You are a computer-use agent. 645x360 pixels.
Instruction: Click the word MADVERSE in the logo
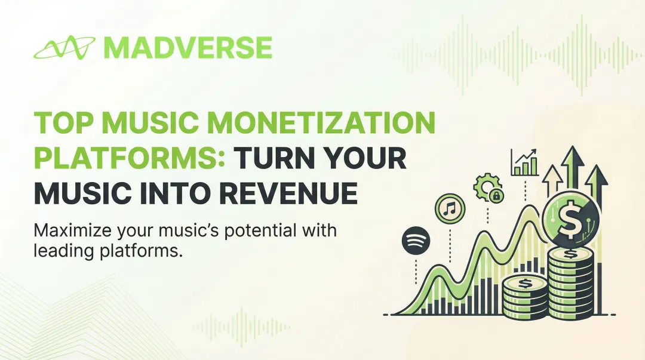pyautogui.click(x=188, y=48)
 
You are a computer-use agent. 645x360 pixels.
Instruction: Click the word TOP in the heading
pyautogui.click(x=63, y=124)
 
